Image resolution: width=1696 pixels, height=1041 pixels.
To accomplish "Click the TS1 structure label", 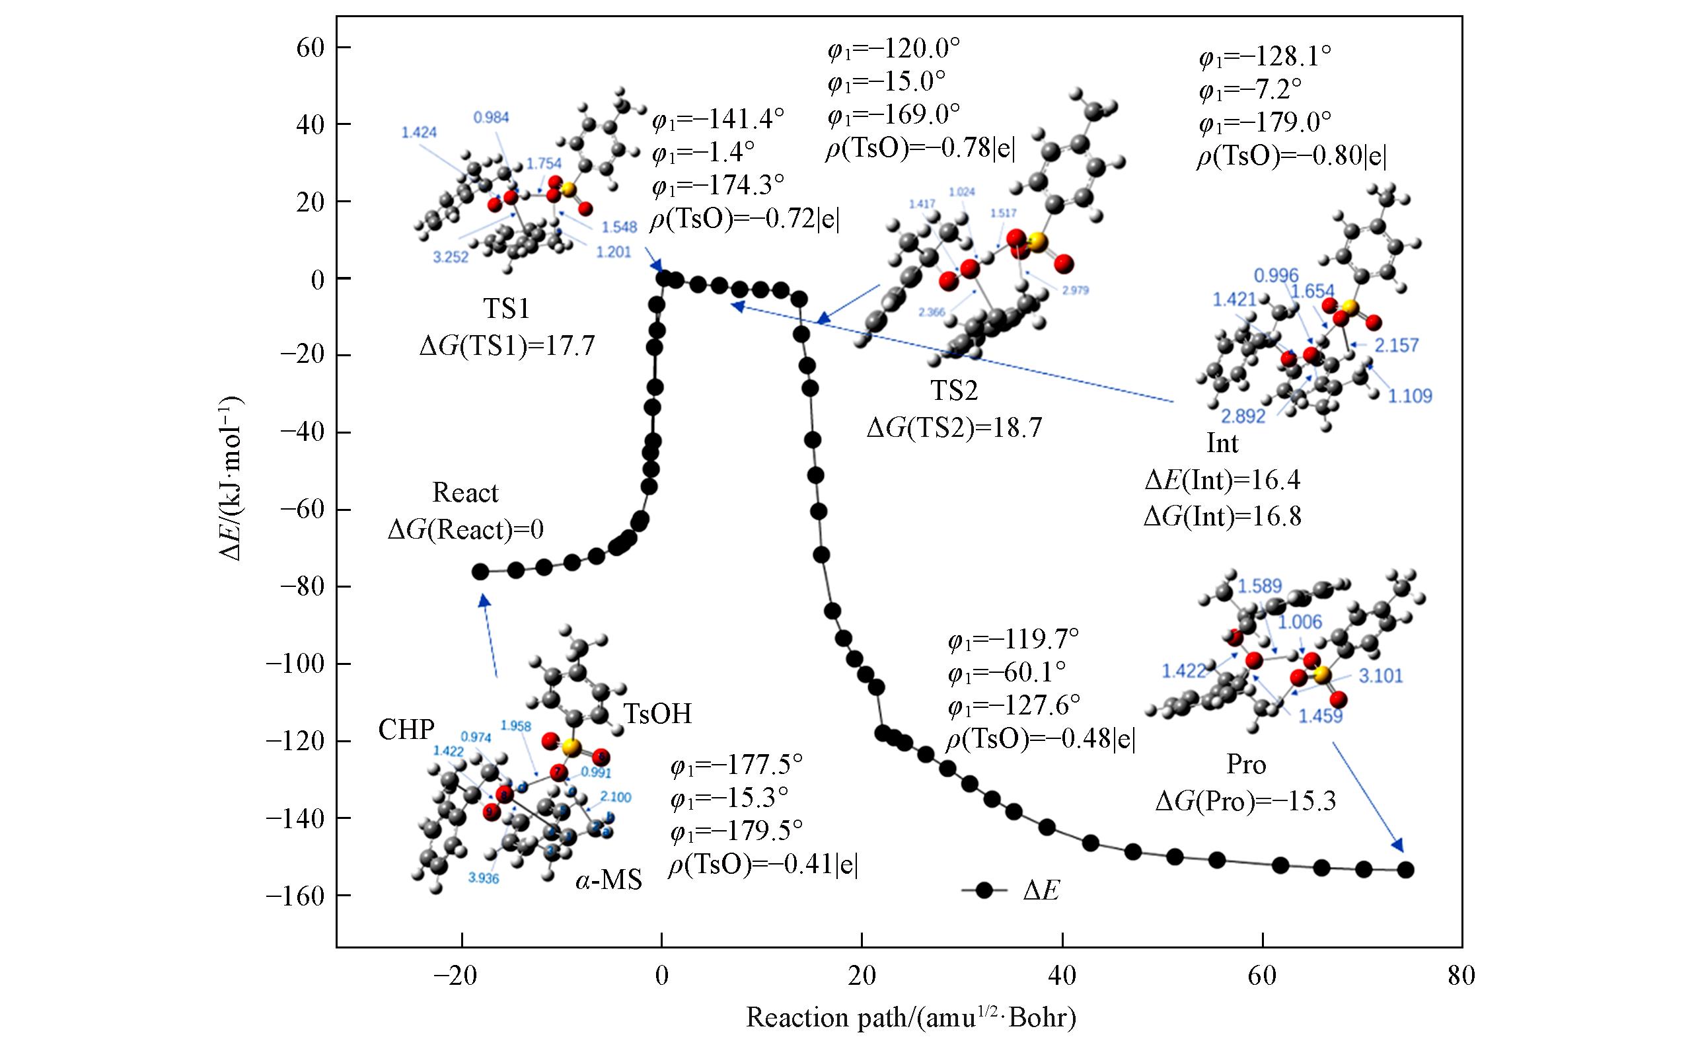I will point(507,309).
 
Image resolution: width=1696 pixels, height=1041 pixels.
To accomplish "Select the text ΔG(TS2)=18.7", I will point(954,428).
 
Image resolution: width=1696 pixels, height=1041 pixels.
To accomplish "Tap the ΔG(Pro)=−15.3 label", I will point(1246,800).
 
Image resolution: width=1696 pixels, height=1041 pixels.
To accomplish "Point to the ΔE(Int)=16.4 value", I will point(1222,480).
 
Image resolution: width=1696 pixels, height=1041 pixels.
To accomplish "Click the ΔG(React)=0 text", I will point(465,529).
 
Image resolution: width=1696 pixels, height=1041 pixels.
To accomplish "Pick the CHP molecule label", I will point(406,730).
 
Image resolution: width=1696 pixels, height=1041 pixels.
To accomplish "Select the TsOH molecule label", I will point(657,714).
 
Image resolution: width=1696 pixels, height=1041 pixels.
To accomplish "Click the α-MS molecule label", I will point(608,879).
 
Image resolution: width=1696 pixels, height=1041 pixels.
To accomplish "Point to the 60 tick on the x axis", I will point(1263,976).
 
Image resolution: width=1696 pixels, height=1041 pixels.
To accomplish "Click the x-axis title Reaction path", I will point(910,1017).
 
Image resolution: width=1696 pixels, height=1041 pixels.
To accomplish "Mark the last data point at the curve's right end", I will point(1405,870).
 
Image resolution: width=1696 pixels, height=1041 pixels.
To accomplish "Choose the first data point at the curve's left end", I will point(480,572).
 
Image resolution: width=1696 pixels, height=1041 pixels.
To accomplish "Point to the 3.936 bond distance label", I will point(483,878).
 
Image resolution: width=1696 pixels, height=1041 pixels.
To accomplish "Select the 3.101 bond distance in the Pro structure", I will point(1380,676).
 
